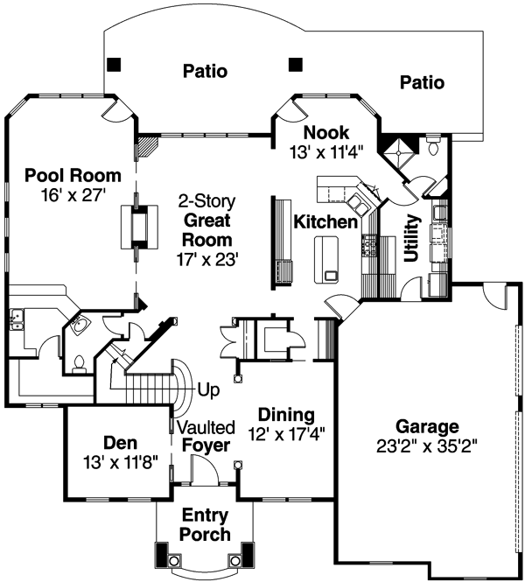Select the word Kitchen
(x=325, y=221)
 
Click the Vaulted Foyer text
(x=206, y=437)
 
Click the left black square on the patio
(x=115, y=64)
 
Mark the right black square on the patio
(x=296, y=64)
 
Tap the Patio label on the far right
(x=422, y=83)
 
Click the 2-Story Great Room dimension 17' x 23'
(x=206, y=259)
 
